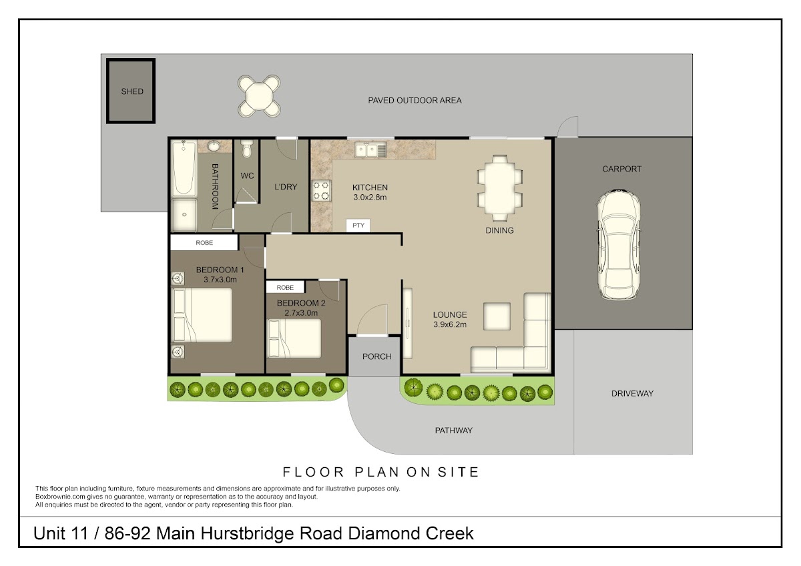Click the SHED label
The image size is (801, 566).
pyautogui.click(x=132, y=91)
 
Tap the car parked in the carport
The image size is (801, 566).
pyautogui.click(x=619, y=244)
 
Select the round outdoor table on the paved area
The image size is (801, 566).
pyautogui.click(x=259, y=96)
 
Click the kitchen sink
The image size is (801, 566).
pyautogui.click(x=371, y=150)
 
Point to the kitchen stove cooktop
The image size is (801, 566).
pyautogui.click(x=321, y=191)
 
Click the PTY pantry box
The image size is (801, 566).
pyautogui.click(x=358, y=225)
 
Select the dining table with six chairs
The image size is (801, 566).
pyautogui.click(x=500, y=188)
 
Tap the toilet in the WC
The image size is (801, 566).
pyautogui.click(x=247, y=149)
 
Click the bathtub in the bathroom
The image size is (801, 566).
pyautogui.click(x=184, y=168)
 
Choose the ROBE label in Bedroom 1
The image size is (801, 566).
pyautogui.click(x=204, y=243)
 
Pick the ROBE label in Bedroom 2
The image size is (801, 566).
pyautogui.click(x=285, y=288)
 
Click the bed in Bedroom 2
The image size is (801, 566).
pyautogui.click(x=294, y=338)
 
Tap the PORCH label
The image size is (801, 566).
pyautogui.click(x=377, y=356)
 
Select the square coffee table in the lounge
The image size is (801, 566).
pyautogui.click(x=497, y=316)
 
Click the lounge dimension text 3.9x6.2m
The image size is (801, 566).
pyautogui.click(x=450, y=324)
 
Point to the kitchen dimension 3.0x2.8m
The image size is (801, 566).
pyautogui.click(x=370, y=197)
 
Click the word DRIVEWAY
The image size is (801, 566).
pyautogui.click(x=632, y=394)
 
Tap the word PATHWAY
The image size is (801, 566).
pyautogui.click(x=454, y=431)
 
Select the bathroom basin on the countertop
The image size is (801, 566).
pyautogui.click(x=214, y=146)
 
